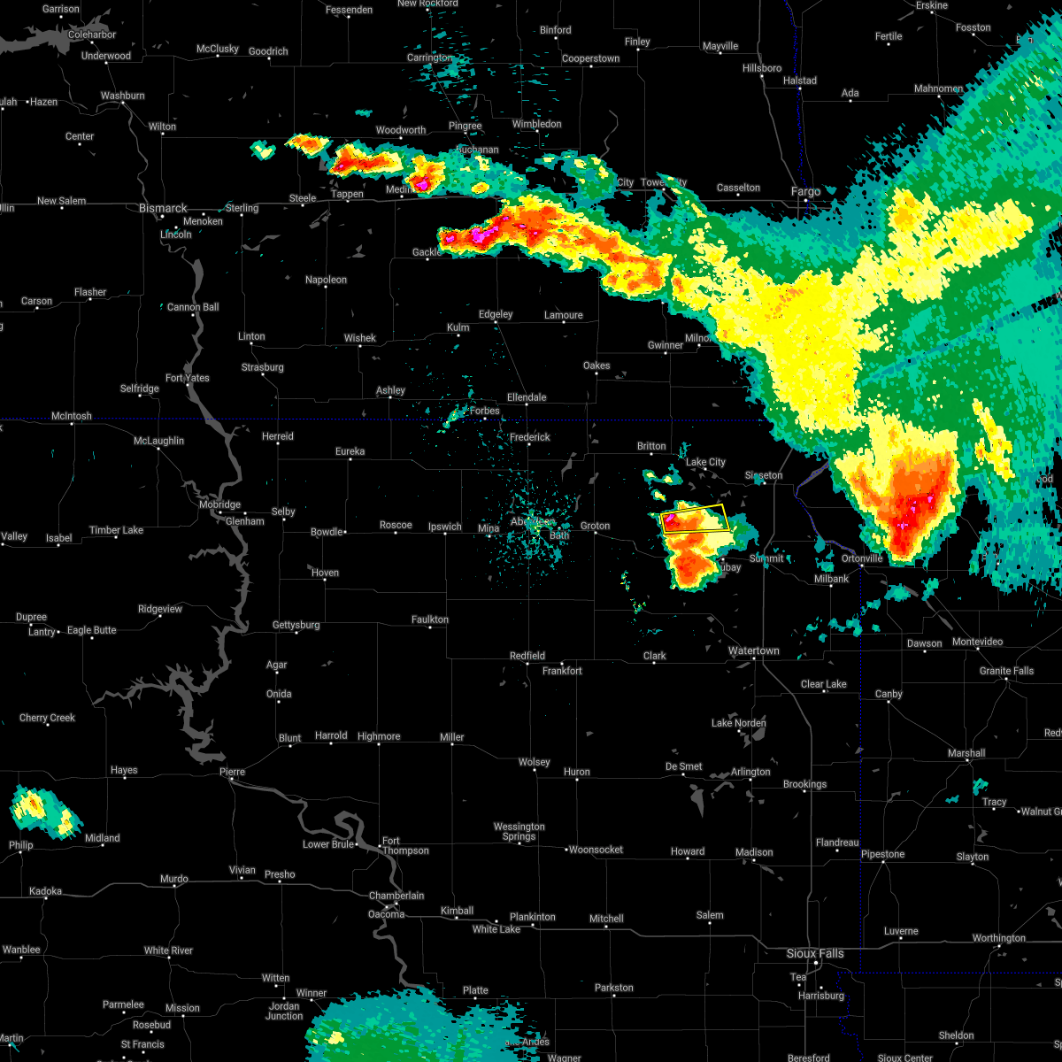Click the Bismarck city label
pyautogui.click(x=163, y=208)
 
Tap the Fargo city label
pyautogui.click(x=805, y=191)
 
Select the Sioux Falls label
pyautogui.click(x=815, y=953)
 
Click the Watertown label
pyautogui.click(x=753, y=651)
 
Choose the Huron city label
pyautogui.click(x=576, y=773)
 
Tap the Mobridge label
pyautogui.click(x=219, y=504)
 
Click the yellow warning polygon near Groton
pyautogui.click(x=696, y=518)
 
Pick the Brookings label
pyautogui.click(x=804, y=784)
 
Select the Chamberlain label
pyautogui.click(x=396, y=896)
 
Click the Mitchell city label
pyautogui.click(x=606, y=919)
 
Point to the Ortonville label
pyautogui.click(x=862, y=558)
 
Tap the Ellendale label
pyautogui.click(x=526, y=397)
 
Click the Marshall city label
pyautogui.click(x=966, y=753)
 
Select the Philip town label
pyautogui.click(x=21, y=845)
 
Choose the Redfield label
pyautogui.click(x=527, y=656)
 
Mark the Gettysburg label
pyautogui.click(x=296, y=625)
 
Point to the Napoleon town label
pyautogui.click(x=326, y=280)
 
